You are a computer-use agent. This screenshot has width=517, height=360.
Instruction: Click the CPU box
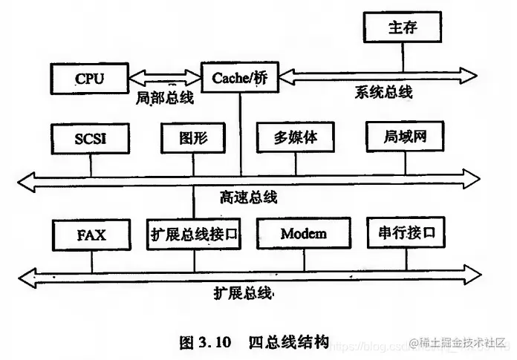[89, 77]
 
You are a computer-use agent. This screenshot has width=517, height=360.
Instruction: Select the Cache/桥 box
[239, 77]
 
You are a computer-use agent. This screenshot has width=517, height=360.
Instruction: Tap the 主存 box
[402, 28]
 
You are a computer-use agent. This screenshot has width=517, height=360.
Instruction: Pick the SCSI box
[91, 138]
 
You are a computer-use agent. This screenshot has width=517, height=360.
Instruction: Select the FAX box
[91, 235]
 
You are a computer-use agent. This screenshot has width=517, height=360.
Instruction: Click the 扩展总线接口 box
[195, 235]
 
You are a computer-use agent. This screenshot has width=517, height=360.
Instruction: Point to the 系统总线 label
[382, 93]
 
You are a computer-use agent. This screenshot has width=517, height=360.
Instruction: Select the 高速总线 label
[248, 197]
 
